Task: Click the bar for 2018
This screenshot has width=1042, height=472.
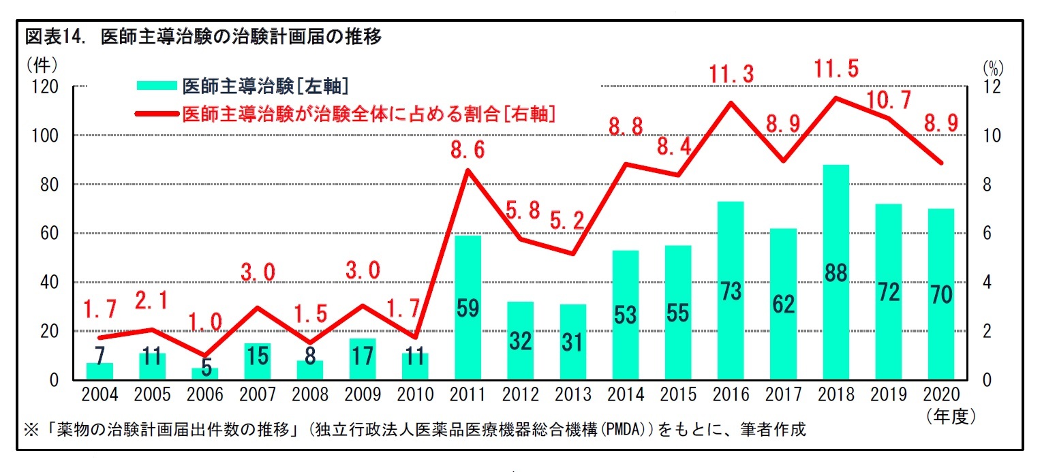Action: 836,272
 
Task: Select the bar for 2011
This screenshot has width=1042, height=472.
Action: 468,308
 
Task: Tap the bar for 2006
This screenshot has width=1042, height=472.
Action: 205,374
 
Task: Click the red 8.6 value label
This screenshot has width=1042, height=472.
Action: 468,150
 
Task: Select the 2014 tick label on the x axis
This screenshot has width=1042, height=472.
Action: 626,395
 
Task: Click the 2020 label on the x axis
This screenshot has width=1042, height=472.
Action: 940,395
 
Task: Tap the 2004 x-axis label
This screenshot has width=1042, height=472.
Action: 99,395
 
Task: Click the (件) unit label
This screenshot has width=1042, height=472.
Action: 42,65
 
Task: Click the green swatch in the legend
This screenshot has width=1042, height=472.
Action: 156,86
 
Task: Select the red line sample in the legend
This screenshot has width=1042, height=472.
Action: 156,113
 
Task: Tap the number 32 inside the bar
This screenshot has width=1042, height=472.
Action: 521,341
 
